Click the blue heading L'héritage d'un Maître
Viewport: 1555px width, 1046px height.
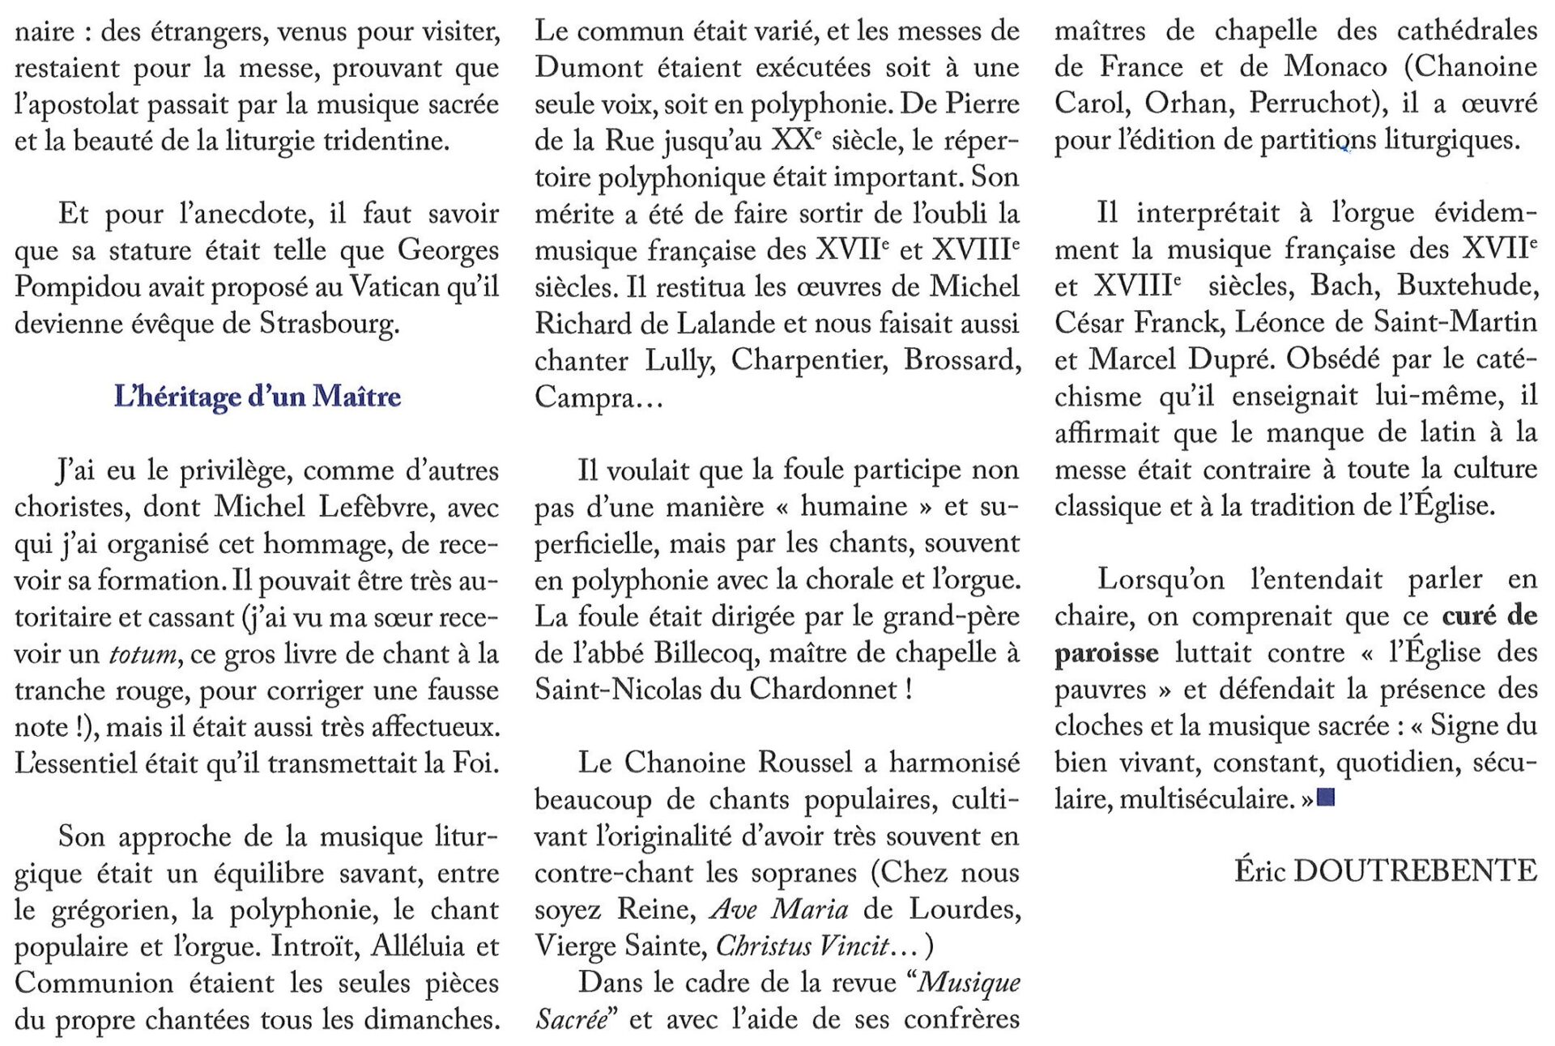258,396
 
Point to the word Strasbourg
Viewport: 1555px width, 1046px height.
329,324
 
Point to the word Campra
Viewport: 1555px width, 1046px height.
584,397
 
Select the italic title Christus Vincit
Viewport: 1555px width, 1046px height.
803,946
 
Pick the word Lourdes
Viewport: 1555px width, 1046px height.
965,909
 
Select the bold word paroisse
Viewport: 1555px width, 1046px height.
1106,653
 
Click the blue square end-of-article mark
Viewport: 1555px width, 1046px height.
1326,799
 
